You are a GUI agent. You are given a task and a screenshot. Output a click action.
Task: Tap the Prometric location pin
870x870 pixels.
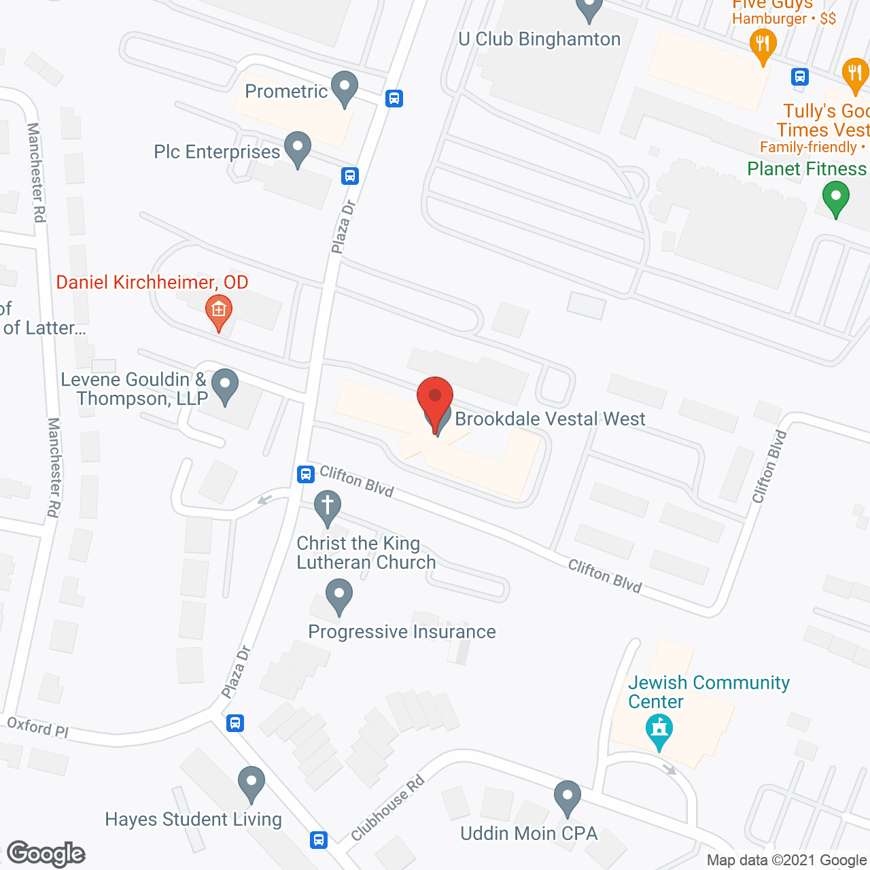coord(345,89)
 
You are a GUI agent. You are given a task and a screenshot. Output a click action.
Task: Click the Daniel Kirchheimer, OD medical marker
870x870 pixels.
coord(218,312)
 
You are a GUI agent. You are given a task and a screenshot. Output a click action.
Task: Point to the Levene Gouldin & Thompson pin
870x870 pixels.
coord(224,387)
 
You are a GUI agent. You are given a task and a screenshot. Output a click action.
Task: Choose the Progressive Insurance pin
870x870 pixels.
coord(338,597)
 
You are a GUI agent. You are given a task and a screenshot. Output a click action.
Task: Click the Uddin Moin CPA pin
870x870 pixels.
coord(567,799)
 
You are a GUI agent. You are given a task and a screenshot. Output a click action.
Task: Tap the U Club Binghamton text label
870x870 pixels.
coord(539,39)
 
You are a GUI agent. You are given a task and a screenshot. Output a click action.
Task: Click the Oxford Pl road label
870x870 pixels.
coord(37,727)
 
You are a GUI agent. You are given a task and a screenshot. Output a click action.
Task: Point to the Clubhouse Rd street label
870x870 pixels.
coord(387,808)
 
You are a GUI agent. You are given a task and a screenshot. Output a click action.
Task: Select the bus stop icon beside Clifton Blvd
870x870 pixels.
coord(306,474)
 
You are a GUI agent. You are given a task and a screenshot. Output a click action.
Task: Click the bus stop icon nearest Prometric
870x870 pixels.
coord(394,99)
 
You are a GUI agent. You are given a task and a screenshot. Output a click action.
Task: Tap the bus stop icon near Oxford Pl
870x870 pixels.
coord(235,723)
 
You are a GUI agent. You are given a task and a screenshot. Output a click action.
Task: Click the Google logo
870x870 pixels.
coord(46,854)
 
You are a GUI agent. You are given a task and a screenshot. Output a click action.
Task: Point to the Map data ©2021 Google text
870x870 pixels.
coord(787,860)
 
